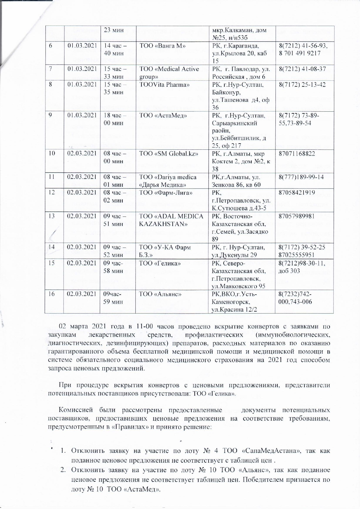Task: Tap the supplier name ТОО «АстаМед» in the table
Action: point(163,116)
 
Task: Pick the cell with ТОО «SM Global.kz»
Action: point(169,154)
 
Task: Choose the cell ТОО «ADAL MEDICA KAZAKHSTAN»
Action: point(171,220)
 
